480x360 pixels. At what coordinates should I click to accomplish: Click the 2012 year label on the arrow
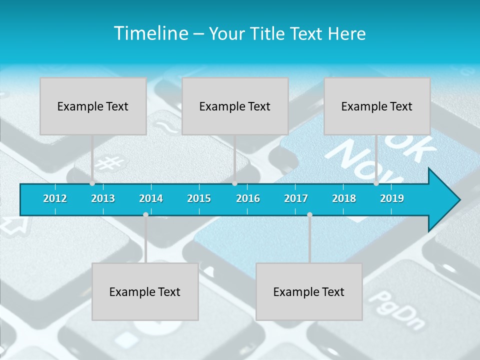coord(55,198)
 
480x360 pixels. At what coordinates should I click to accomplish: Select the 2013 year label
coord(103,198)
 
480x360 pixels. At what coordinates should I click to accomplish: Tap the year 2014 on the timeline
coord(151,198)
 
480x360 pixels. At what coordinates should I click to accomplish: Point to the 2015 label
coord(199,198)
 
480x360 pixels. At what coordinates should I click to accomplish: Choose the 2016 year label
coord(248,198)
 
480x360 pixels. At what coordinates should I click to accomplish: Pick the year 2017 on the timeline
coord(296,198)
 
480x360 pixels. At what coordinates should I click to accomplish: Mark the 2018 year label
coord(344,198)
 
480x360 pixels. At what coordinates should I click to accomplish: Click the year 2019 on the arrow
coord(392,198)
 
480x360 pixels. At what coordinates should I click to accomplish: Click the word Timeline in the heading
coord(149,33)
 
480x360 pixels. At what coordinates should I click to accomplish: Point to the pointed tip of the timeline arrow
coord(458,200)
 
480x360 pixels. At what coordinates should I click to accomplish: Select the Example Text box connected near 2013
coord(93,106)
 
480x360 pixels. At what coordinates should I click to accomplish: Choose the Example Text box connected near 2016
coord(235,106)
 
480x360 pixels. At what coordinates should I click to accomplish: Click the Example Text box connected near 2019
coord(377,106)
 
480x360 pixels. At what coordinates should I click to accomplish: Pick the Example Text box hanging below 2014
coord(145,291)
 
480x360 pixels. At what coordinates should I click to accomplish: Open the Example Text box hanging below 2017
coord(309,291)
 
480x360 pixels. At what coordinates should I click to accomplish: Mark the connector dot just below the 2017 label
coord(309,214)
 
